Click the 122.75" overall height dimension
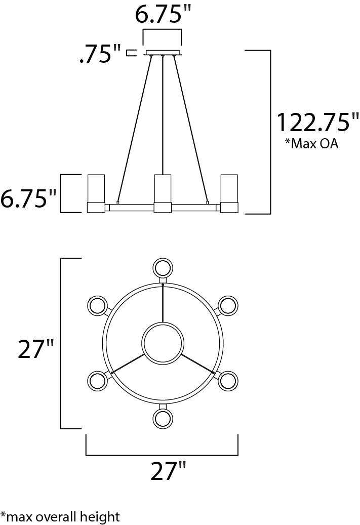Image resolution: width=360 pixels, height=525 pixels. tap(317, 123)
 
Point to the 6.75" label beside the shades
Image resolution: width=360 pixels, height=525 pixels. tap(28, 198)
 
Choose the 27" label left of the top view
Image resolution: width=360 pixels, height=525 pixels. tap(36, 349)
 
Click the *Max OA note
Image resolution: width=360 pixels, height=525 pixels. tap(311, 144)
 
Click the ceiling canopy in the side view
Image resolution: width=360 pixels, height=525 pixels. tap(163, 52)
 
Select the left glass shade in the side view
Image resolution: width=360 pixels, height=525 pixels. tap(96, 188)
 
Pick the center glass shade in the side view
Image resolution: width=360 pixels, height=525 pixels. tap(162, 188)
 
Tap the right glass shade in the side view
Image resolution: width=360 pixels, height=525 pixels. tap(228, 188)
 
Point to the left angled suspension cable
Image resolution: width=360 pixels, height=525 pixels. tap(134, 127)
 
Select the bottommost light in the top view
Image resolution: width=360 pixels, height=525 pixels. tap(163, 418)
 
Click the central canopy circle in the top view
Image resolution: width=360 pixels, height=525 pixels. tap(163, 343)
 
